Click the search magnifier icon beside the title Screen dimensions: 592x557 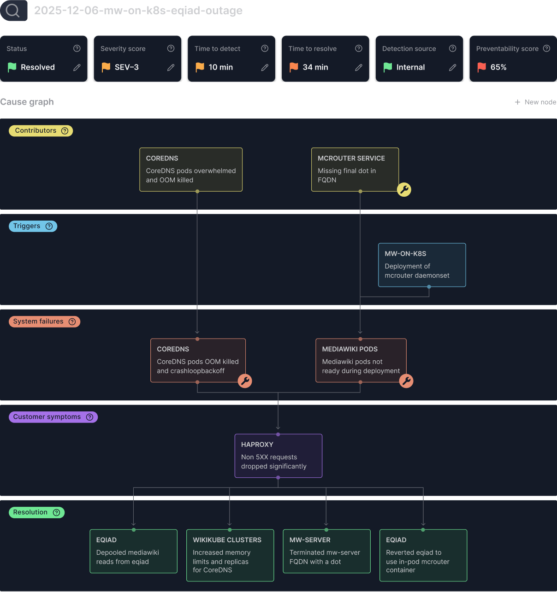point(13,10)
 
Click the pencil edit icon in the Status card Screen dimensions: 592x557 point(77,67)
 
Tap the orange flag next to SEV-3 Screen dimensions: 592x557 point(106,67)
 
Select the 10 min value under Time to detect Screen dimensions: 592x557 point(220,67)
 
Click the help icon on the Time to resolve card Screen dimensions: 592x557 point(359,48)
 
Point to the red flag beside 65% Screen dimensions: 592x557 point(482,67)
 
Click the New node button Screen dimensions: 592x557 point(535,102)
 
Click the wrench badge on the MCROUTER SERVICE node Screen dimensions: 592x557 point(404,189)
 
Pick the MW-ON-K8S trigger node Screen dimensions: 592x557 point(422,265)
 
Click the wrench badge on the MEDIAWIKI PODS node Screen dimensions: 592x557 point(406,381)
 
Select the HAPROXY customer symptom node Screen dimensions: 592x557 point(278,456)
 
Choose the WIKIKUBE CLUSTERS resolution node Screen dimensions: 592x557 point(230,555)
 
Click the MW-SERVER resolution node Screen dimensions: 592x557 point(326,551)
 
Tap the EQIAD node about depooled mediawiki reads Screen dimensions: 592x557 point(133,551)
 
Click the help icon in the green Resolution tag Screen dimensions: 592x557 point(56,512)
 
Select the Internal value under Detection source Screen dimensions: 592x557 point(410,67)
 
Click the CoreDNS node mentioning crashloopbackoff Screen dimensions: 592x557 point(198,360)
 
